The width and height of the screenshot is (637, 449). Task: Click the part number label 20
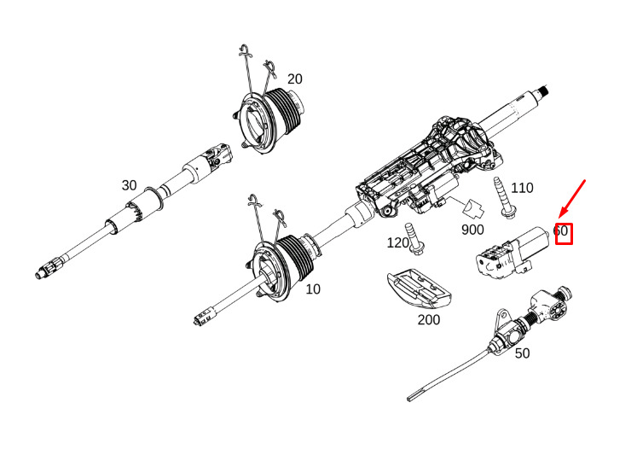[x=294, y=79]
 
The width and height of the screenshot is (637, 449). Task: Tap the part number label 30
[x=129, y=185]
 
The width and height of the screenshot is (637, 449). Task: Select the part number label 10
[x=313, y=289]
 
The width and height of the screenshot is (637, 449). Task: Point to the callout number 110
[x=521, y=188]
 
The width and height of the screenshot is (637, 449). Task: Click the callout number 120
[x=398, y=242]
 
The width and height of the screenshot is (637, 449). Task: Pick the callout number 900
[x=472, y=230]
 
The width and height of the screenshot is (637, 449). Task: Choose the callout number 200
[x=429, y=320]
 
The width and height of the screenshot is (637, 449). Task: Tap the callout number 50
[x=522, y=353]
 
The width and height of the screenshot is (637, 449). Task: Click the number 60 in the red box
[x=562, y=231]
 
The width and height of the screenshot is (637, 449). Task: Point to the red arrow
[x=572, y=200]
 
